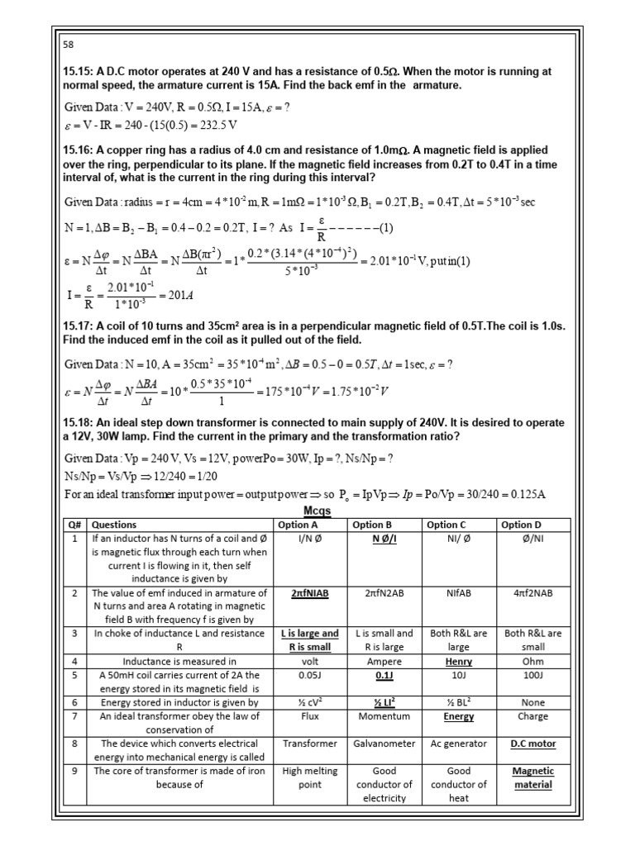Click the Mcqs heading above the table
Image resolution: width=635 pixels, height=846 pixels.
[x=317, y=510]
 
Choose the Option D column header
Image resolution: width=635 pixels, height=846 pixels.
[x=522, y=525]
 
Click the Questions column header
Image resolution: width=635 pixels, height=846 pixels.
[x=114, y=525]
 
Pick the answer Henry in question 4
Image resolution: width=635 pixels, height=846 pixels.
[x=458, y=662]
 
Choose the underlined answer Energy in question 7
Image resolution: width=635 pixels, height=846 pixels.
[x=458, y=716]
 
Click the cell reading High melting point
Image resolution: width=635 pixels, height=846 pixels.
[x=310, y=777]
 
